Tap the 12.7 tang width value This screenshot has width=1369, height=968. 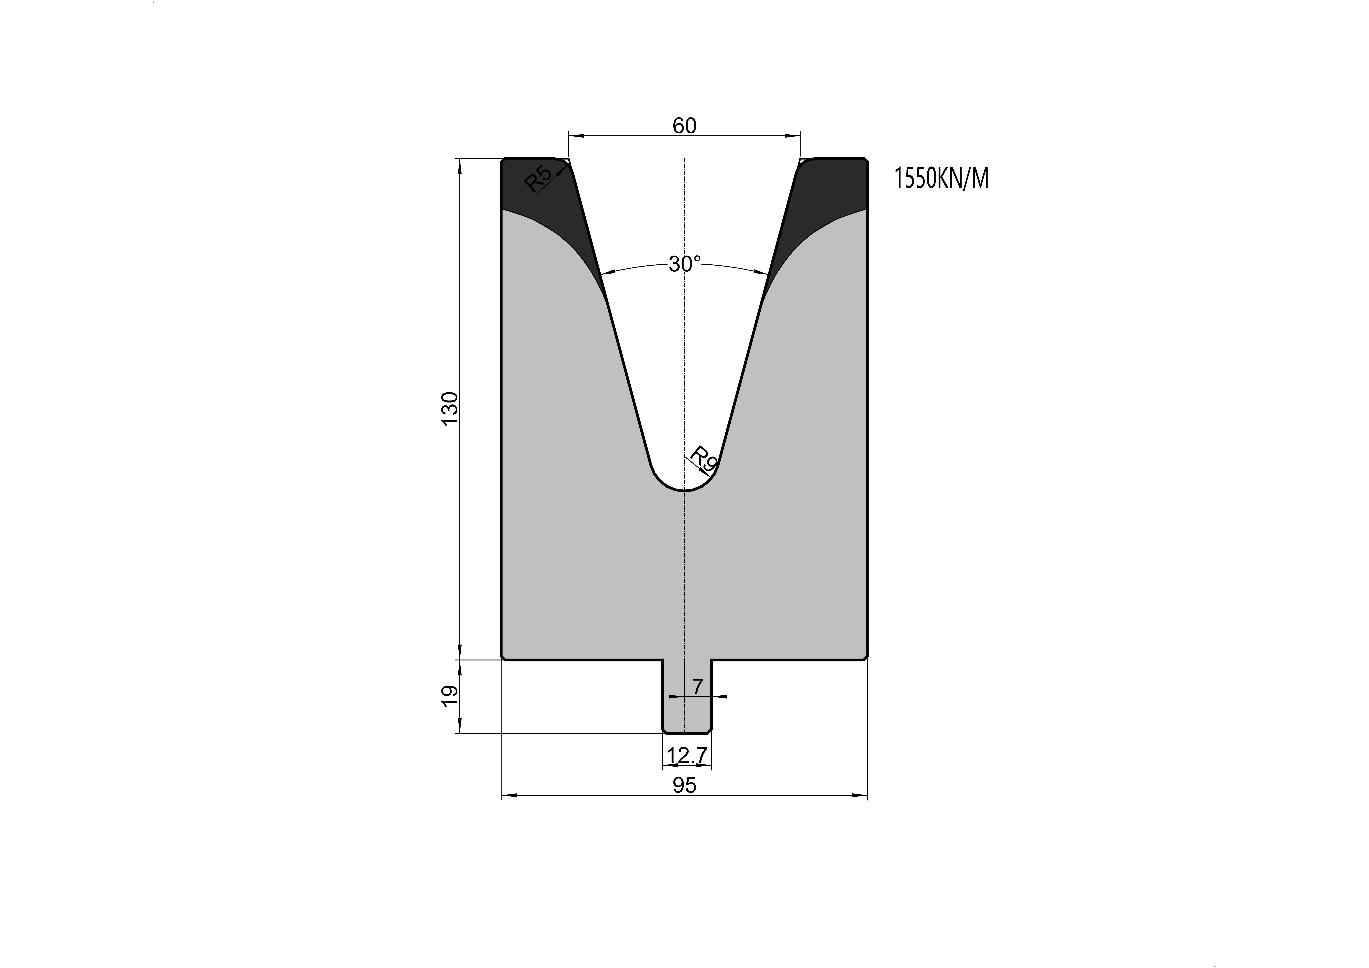[687, 756]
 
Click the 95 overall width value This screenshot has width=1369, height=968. [685, 786]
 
